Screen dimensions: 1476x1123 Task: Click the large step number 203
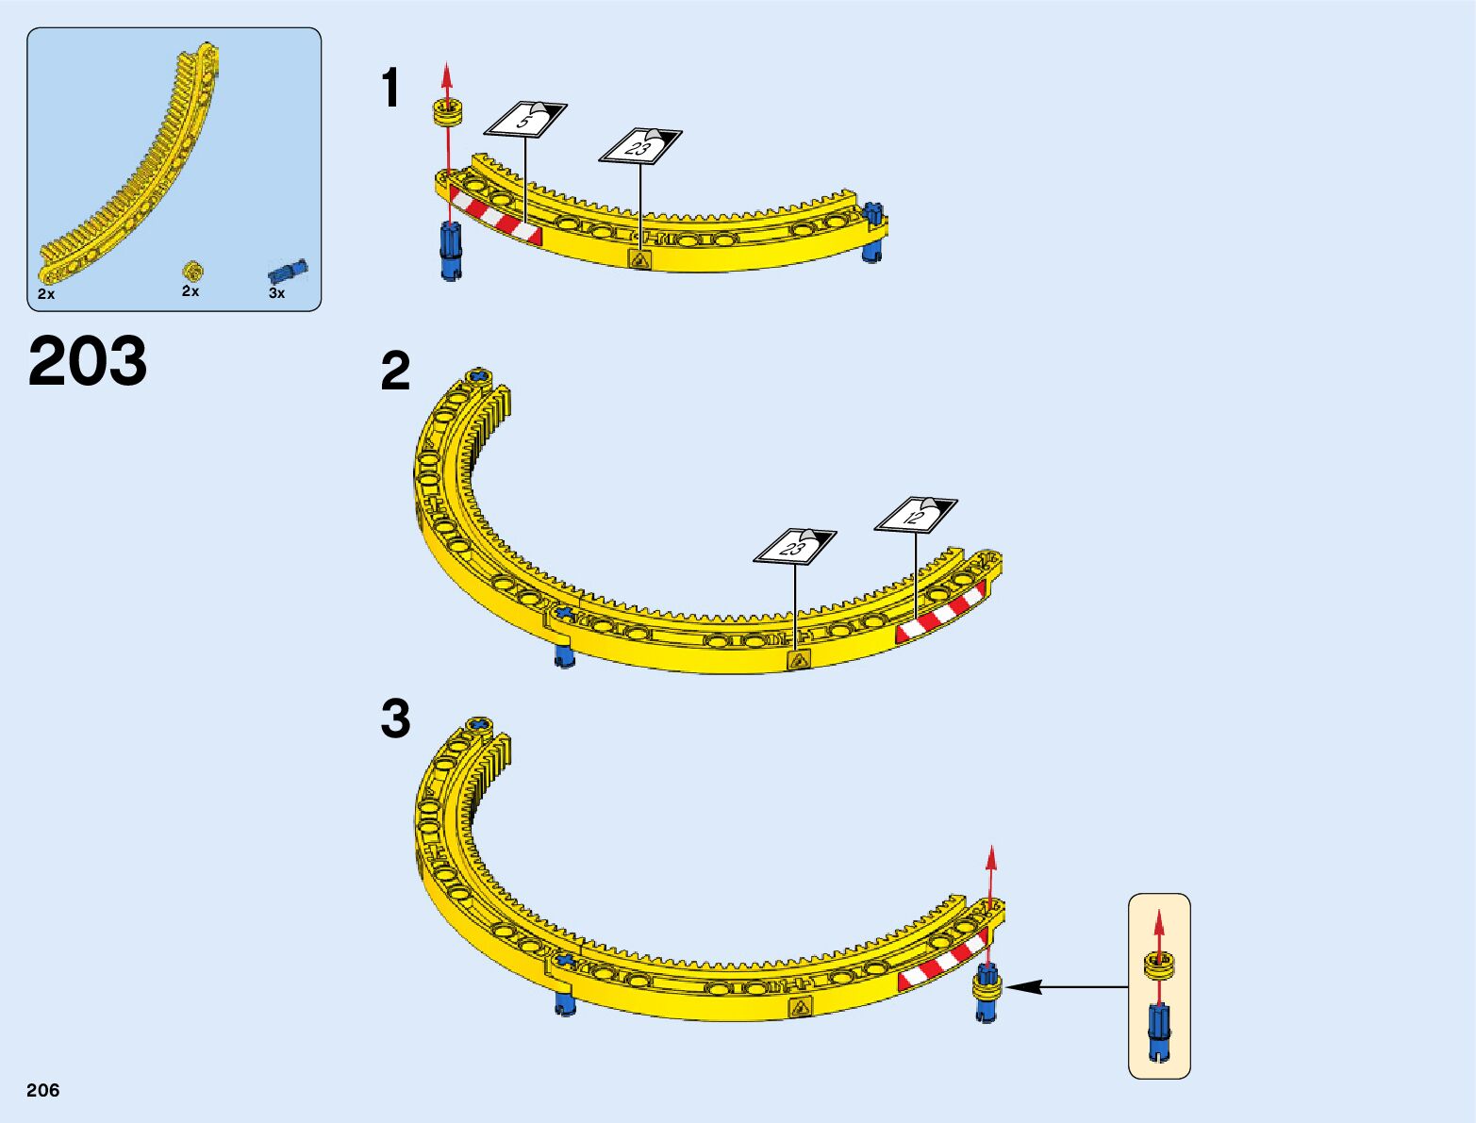coord(88,361)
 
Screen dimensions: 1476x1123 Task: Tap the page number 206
coord(43,1090)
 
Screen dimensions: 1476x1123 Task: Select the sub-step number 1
coord(390,90)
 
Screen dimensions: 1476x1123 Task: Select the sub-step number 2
coord(395,372)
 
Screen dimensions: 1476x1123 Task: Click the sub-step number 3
coord(395,718)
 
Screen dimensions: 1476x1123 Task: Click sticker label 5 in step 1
coord(525,121)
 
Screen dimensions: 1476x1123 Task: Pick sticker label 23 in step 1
coord(639,146)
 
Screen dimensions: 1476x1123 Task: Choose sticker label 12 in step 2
coord(915,515)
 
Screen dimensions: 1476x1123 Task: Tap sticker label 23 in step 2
coord(794,546)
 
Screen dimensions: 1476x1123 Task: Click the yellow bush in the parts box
coord(192,272)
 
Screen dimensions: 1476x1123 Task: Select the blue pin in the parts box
coord(288,272)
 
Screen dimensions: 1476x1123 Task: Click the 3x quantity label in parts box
coord(276,293)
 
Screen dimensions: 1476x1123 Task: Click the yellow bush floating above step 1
coord(449,112)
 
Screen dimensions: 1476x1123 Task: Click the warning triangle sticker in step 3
coord(800,1008)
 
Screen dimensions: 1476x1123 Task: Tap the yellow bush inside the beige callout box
coord(1159,964)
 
